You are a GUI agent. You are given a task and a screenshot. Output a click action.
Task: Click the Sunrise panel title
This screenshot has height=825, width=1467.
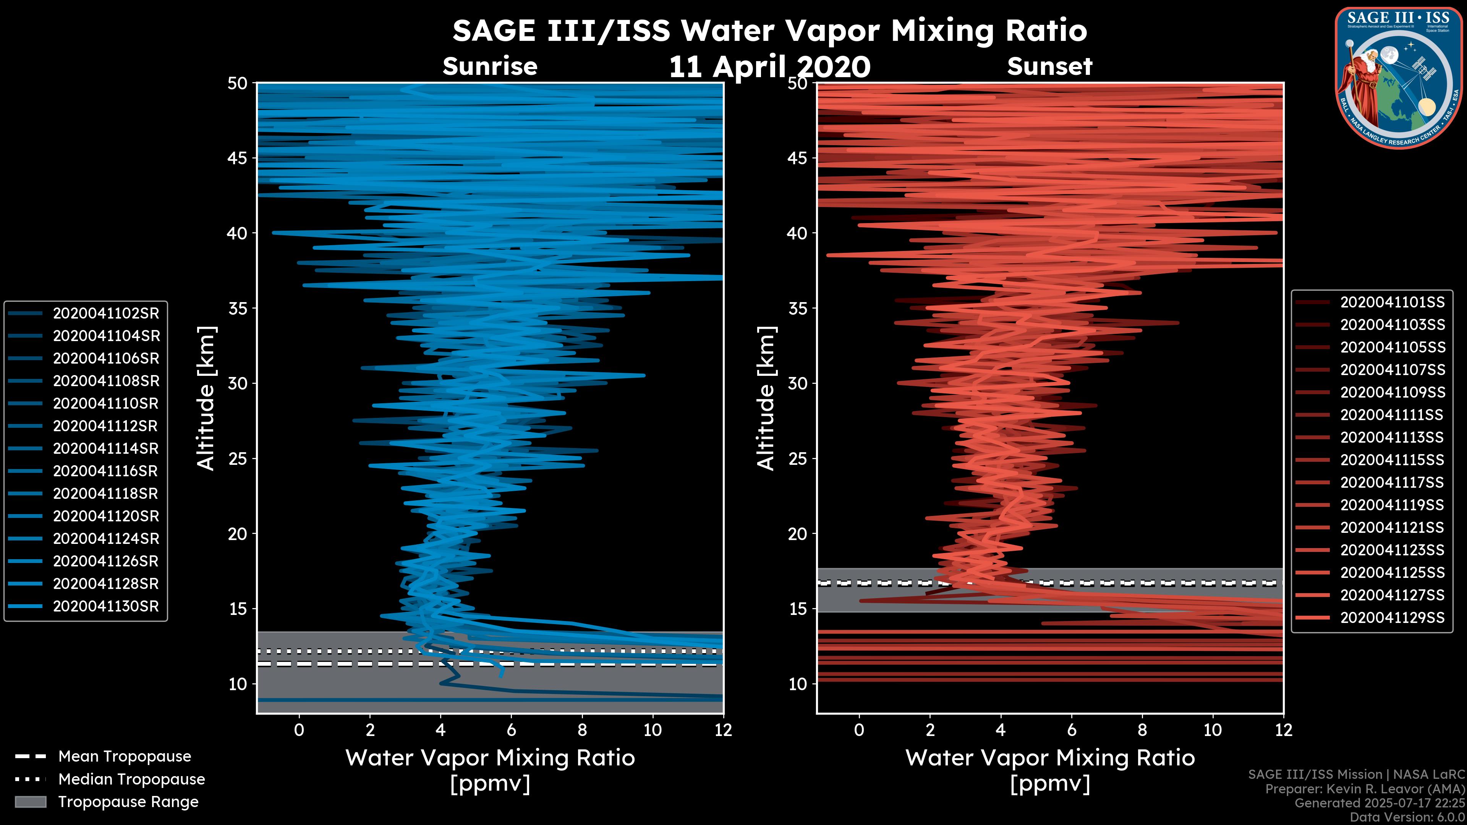click(x=490, y=66)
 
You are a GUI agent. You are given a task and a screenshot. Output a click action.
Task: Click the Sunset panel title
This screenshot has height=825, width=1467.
click(x=1049, y=66)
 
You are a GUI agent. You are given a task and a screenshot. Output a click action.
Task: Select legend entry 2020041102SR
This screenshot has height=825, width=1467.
click(x=106, y=314)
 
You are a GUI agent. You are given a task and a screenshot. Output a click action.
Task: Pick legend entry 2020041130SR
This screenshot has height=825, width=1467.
click(x=106, y=607)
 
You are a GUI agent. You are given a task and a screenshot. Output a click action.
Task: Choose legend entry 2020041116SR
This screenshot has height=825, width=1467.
click(x=106, y=471)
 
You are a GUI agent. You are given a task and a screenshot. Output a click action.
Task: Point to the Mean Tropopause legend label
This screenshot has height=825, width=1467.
click(x=125, y=757)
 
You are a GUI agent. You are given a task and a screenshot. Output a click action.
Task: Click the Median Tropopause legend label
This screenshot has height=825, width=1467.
click(x=131, y=780)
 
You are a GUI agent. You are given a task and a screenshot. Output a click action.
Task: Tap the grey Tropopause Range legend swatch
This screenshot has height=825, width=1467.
click(x=31, y=802)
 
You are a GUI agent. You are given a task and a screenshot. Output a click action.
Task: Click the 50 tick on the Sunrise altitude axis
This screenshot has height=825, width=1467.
click(x=238, y=84)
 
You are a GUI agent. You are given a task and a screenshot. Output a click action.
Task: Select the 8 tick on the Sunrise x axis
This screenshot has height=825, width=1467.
click(x=582, y=730)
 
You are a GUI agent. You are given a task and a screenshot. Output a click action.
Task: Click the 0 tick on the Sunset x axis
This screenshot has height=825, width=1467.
click(x=859, y=730)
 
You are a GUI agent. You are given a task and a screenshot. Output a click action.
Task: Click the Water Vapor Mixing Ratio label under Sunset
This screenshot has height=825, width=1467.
click(x=1049, y=758)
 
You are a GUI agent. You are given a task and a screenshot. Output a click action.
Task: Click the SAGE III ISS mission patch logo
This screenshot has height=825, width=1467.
click(x=1397, y=78)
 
